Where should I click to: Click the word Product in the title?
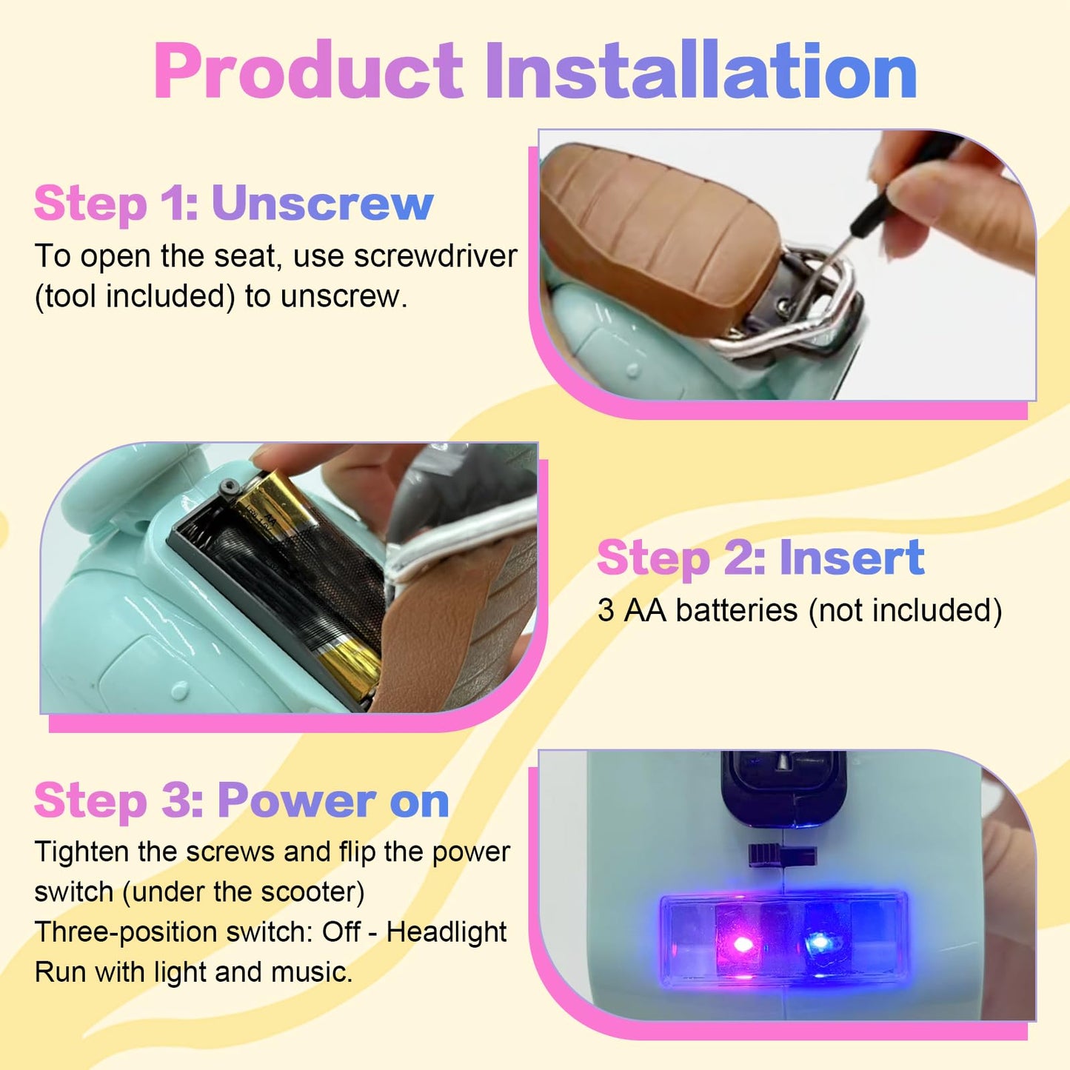point(309,70)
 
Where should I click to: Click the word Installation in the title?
point(701,70)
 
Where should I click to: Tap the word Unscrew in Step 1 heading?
point(322,204)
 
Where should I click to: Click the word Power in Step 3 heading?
point(297,800)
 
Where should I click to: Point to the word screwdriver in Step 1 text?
point(435,256)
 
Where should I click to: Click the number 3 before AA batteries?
point(606,610)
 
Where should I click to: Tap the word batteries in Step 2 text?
point(737,610)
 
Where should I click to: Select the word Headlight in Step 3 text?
point(447,932)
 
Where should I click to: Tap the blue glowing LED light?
point(816,943)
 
